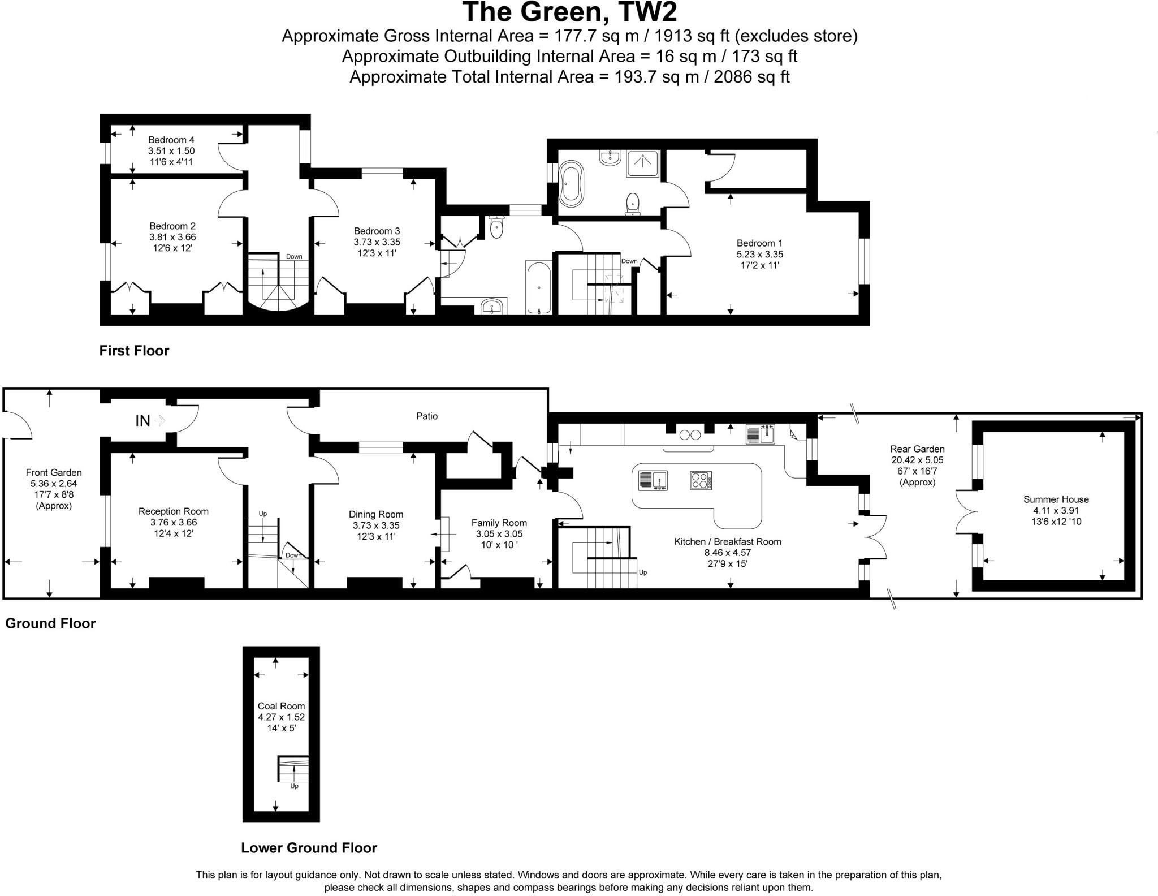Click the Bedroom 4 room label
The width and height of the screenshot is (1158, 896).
pos(171,140)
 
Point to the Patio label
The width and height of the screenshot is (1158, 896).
pos(427,416)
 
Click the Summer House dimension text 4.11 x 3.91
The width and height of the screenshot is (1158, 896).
pos(1056,510)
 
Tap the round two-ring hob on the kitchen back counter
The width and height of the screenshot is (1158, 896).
pos(690,434)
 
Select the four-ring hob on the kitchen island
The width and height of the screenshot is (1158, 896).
pos(701,480)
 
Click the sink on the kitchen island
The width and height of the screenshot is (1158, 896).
pos(653,480)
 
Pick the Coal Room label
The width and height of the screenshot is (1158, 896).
pos(281,706)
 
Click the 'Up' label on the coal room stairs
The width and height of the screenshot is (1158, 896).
pos(294,786)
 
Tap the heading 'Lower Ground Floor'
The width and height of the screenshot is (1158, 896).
pos(309,847)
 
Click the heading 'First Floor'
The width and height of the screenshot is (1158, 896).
pos(134,351)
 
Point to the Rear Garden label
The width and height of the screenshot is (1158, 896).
pos(917,449)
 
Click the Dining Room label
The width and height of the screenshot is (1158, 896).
pos(376,514)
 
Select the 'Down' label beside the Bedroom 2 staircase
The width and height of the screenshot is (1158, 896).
pos(294,256)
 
